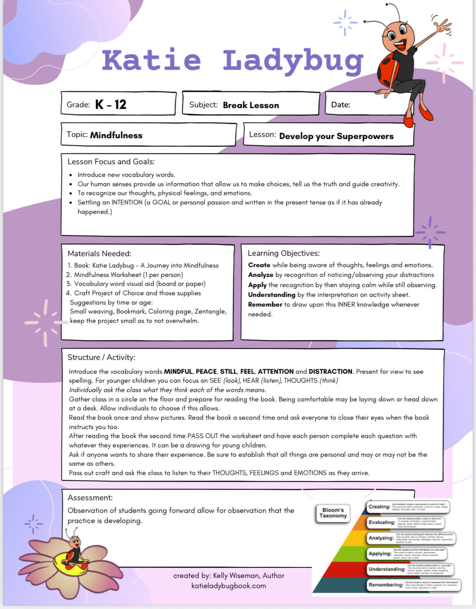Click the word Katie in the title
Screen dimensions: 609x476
pyautogui.click(x=151, y=60)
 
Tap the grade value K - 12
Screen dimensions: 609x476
pyautogui.click(x=111, y=105)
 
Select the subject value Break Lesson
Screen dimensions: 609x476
pyautogui.click(x=251, y=105)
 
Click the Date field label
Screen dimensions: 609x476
pyautogui.click(x=341, y=105)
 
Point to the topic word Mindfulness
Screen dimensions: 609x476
pyautogui.click(x=116, y=135)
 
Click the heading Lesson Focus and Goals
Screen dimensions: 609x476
pyautogui.click(x=111, y=162)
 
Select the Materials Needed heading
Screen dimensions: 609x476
pyautogui.click(x=99, y=253)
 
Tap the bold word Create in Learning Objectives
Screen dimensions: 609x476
pyautogui.click(x=259, y=265)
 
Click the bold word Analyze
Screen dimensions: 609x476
pyautogui.click(x=261, y=275)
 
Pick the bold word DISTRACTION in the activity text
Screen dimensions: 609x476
pyautogui.click(x=330, y=371)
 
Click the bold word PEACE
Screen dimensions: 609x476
pyautogui.click(x=206, y=371)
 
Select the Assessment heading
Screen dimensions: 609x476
pyautogui.click(x=90, y=498)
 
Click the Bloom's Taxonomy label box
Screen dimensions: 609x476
pyautogui.click(x=333, y=513)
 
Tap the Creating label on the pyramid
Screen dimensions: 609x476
pyautogui.click(x=379, y=506)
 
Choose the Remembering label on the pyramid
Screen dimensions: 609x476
pyautogui.click(x=386, y=585)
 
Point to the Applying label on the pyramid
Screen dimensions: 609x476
pyautogui.click(x=380, y=553)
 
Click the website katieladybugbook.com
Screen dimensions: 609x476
pyautogui.click(x=229, y=586)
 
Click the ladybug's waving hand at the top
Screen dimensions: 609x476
pyautogui.click(x=441, y=26)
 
